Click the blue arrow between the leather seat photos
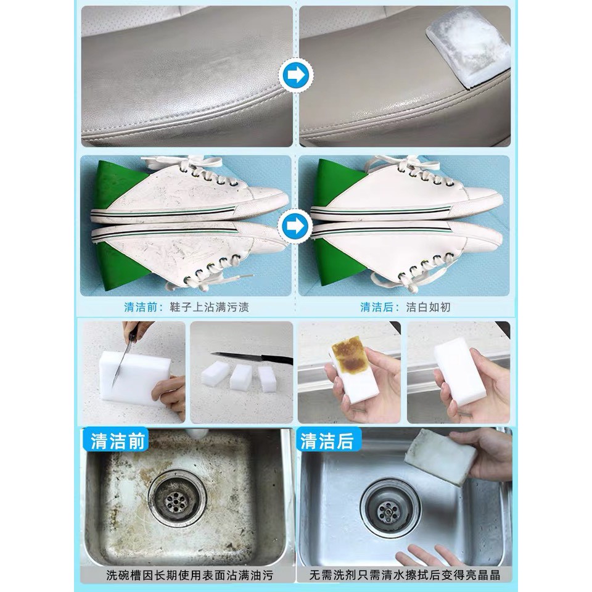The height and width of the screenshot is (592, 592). (296, 75)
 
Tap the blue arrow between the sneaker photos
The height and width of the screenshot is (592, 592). (295, 226)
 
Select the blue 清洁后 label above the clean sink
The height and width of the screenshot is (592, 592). (327, 440)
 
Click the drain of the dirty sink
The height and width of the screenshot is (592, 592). (177, 499)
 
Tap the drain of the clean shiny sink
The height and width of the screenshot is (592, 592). (390, 508)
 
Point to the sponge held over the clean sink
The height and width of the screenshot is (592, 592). (440, 456)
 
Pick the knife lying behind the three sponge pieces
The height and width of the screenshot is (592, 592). (252, 357)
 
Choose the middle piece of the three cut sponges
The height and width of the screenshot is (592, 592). (240, 377)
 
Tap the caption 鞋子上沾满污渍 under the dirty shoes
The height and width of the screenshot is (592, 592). (209, 307)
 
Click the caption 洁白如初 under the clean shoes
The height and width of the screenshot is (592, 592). (428, 307)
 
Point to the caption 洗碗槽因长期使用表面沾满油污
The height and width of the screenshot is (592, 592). (189, 575)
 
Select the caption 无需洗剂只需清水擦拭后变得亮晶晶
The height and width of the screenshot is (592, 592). (405, 575)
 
